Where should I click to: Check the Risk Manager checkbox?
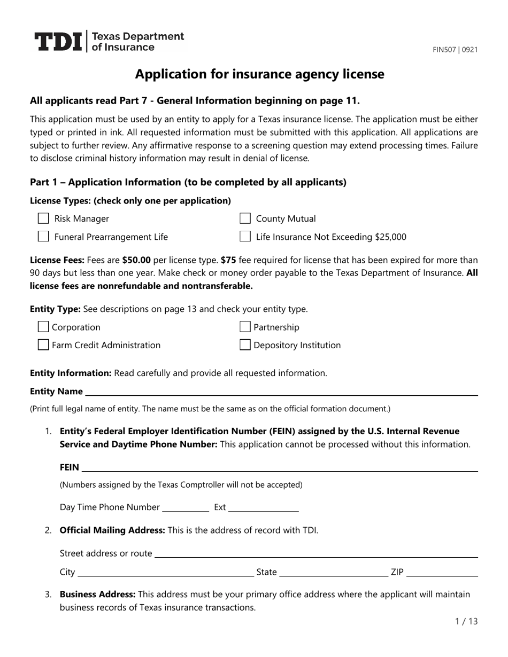pyautogui.click(x=44, y=218)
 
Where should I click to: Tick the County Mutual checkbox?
pyautogui.click(x=245, y=218)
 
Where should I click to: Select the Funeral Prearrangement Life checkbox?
pyautogui.click(x=44, y=237)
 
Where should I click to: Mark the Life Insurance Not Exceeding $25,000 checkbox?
pyautogui.click(x=245, y=237)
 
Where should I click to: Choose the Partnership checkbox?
pyautogui.click(x=245, y=327)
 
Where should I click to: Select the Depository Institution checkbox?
pyautogui.click(x=245, y=345)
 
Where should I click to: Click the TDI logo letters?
pyautogui.click(x=59, y=42)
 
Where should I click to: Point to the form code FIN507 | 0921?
pyautogui.click(x=455, y=50)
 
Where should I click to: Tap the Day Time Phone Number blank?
pyautogui.click(x=185, y=507)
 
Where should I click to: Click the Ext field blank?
pyautogui.click(x=263, y=507)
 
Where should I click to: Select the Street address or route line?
pyautogui.click(x=315, y=553)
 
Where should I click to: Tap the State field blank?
pyautogui.click(x=334, y=573)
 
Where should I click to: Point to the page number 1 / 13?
pyautogui.click(x=466, y=621)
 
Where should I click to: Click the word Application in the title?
pyautogui.click(x=166, y=74)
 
